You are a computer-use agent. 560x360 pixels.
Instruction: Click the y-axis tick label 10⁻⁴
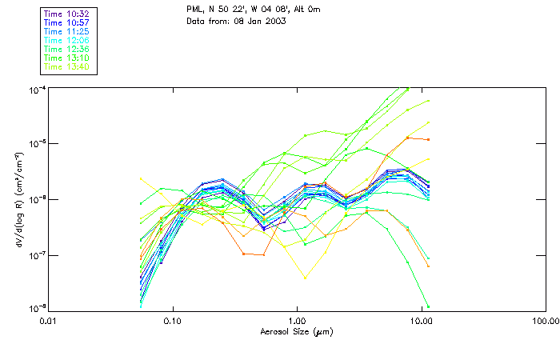coord(37,89)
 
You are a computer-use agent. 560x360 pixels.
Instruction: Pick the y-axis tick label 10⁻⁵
coord(37,144)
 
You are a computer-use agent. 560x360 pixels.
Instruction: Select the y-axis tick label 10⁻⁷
coord(37,254)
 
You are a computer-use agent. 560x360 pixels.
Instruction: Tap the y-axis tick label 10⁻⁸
coord(37,309)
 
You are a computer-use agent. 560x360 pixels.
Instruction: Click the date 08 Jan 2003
coord(259,21)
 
